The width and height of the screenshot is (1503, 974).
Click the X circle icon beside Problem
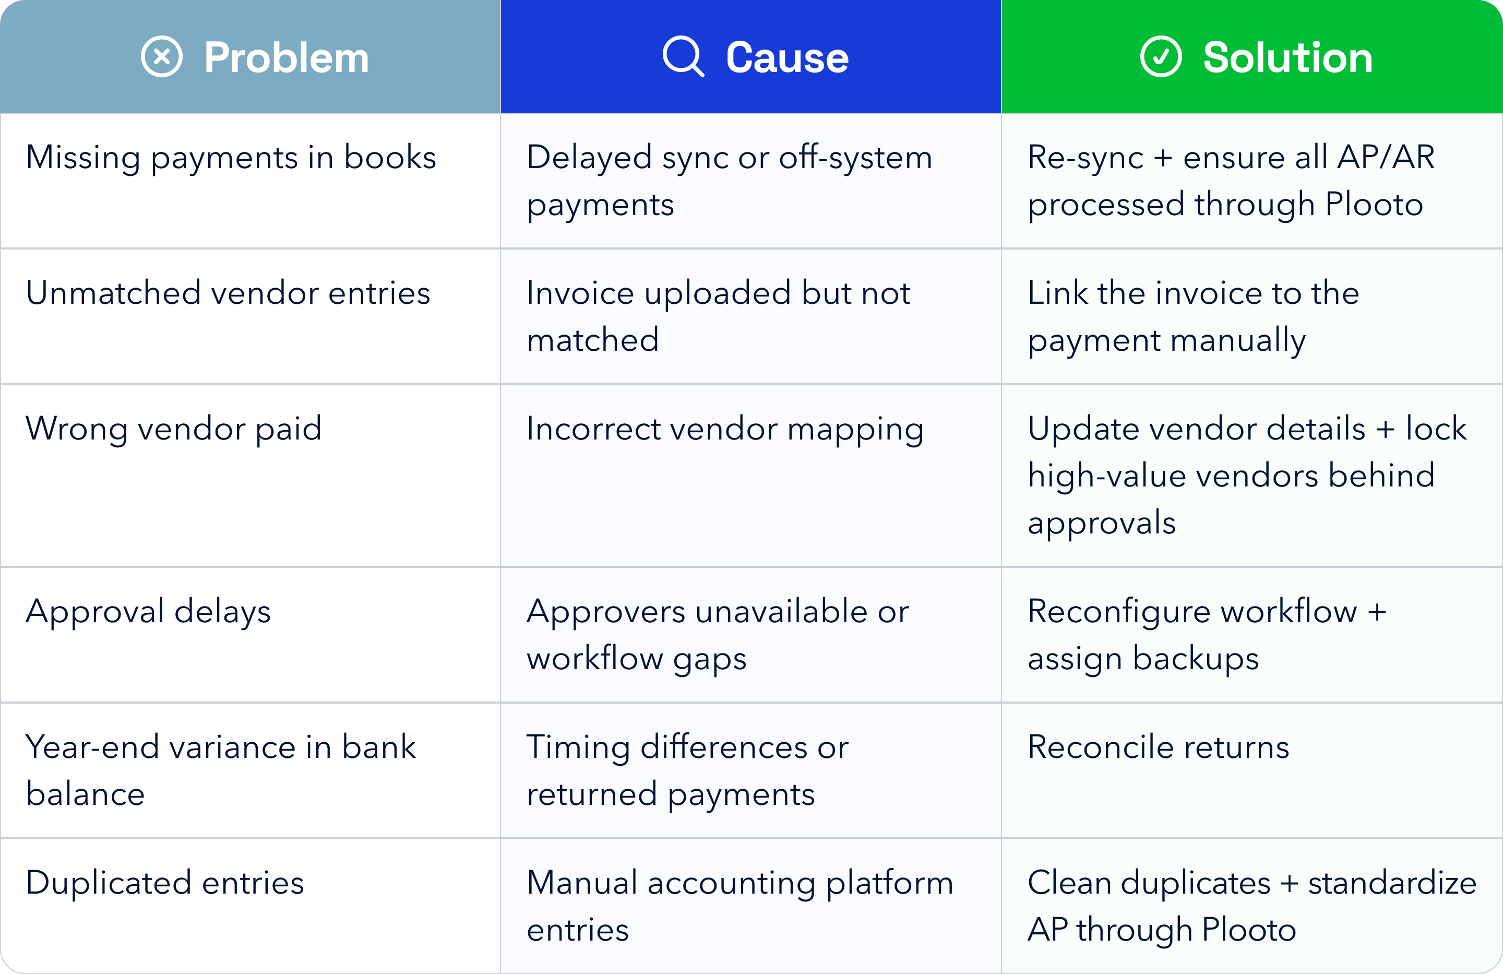tap(162, 57)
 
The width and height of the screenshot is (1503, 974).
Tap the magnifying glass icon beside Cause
tap(683, 57)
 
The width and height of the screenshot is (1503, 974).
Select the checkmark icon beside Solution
tap(1161, 57)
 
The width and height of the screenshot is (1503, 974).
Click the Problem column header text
tap(286, 57)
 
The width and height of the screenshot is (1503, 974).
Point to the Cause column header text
tap(787, 57)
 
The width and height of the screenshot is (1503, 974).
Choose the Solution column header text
tap(1287, 57)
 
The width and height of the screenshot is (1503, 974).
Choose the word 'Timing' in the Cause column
tap(578, 748)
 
